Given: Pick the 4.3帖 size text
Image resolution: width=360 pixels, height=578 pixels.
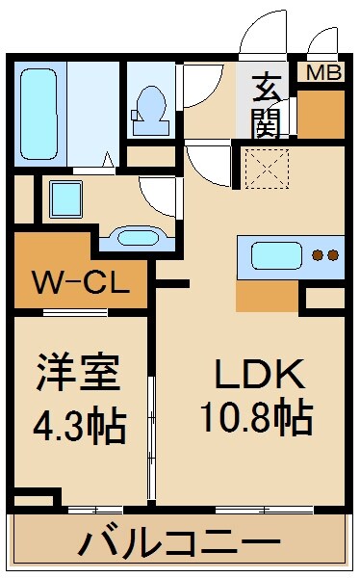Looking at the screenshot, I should click(x=81, y=427).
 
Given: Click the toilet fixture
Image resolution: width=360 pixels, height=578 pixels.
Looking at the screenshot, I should click(x=151, y=107).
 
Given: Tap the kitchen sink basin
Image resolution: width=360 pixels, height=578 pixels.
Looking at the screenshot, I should click(x=276, y=256).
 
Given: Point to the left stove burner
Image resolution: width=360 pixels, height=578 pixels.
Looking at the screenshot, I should click(x=318, y=256).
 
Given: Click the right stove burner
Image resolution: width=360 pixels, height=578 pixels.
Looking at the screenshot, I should click(x=332, y=256).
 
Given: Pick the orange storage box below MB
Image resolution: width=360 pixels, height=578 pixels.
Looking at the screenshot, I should click(x=321, y=113).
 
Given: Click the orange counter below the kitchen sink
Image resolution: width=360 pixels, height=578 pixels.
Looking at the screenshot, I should click(x=266, y=294).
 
